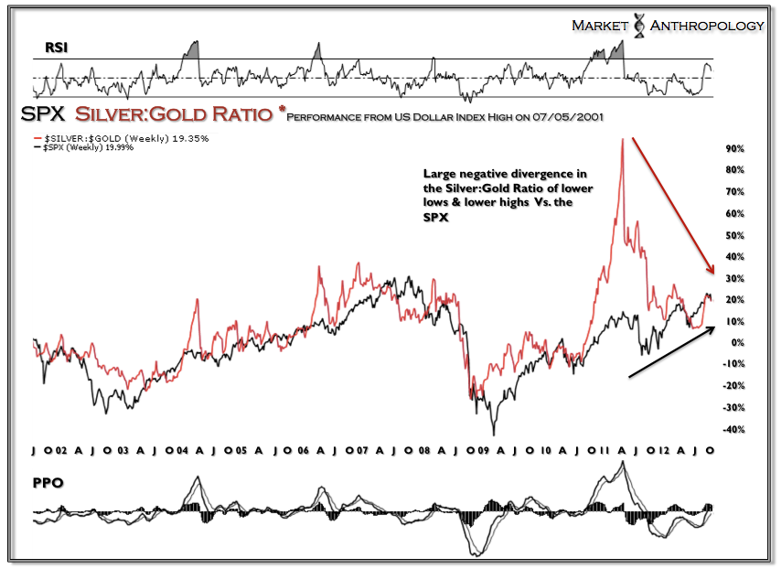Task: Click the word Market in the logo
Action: click(x=601, y=26)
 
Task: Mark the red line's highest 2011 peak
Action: click(x=622, y=139)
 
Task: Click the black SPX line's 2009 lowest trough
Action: click(x=494, y=434)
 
